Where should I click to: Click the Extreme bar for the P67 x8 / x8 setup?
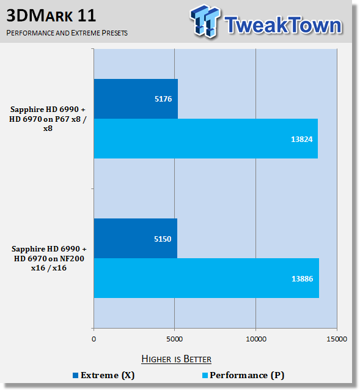click(136, 99)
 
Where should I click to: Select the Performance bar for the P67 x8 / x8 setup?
click(206, 138)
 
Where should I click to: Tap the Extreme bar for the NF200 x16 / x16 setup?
click(136, 239)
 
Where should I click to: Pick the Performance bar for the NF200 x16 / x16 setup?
click(207, 278)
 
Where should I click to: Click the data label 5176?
click(163, 99)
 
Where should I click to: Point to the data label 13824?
click(302, 139)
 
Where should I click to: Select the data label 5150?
click(163, 239)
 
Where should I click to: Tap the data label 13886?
click(302, 279)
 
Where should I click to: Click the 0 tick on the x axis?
click(94, 339)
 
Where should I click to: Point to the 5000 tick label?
click(174, 339)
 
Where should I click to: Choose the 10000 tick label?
click(256, 339)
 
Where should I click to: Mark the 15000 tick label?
click(337, 339)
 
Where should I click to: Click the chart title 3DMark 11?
click(51, 15)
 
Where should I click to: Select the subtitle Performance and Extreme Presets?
click(67, 33)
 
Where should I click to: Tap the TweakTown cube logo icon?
click(205, 21)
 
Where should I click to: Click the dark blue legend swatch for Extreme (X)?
click(75, 375)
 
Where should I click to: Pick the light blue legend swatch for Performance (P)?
click(205, 375)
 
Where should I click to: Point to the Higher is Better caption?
click(177, 359)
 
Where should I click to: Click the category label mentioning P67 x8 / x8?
click(48, 119)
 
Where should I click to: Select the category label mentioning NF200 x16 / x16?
click(49, 258)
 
